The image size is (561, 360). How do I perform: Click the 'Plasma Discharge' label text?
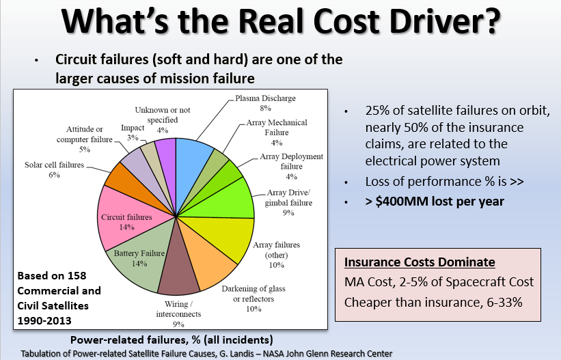pyautogui.click(x=266, y=98)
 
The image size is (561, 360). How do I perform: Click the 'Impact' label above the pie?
pyautogui.click(x=133, y=127)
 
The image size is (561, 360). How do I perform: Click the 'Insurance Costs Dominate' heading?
pyautogui.click(x=420, y=262)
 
